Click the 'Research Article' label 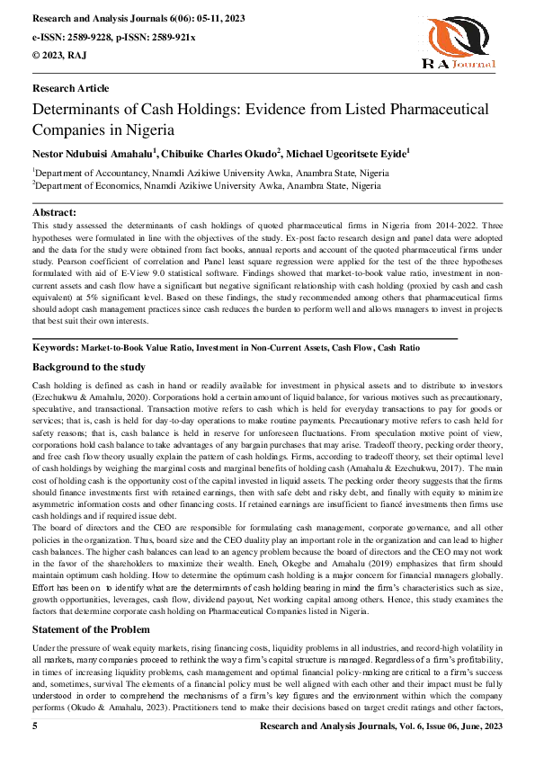tap(70, 88)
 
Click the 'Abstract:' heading tap(56, 211)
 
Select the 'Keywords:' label tap(55, 346)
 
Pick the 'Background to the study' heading tap(88, 368)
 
